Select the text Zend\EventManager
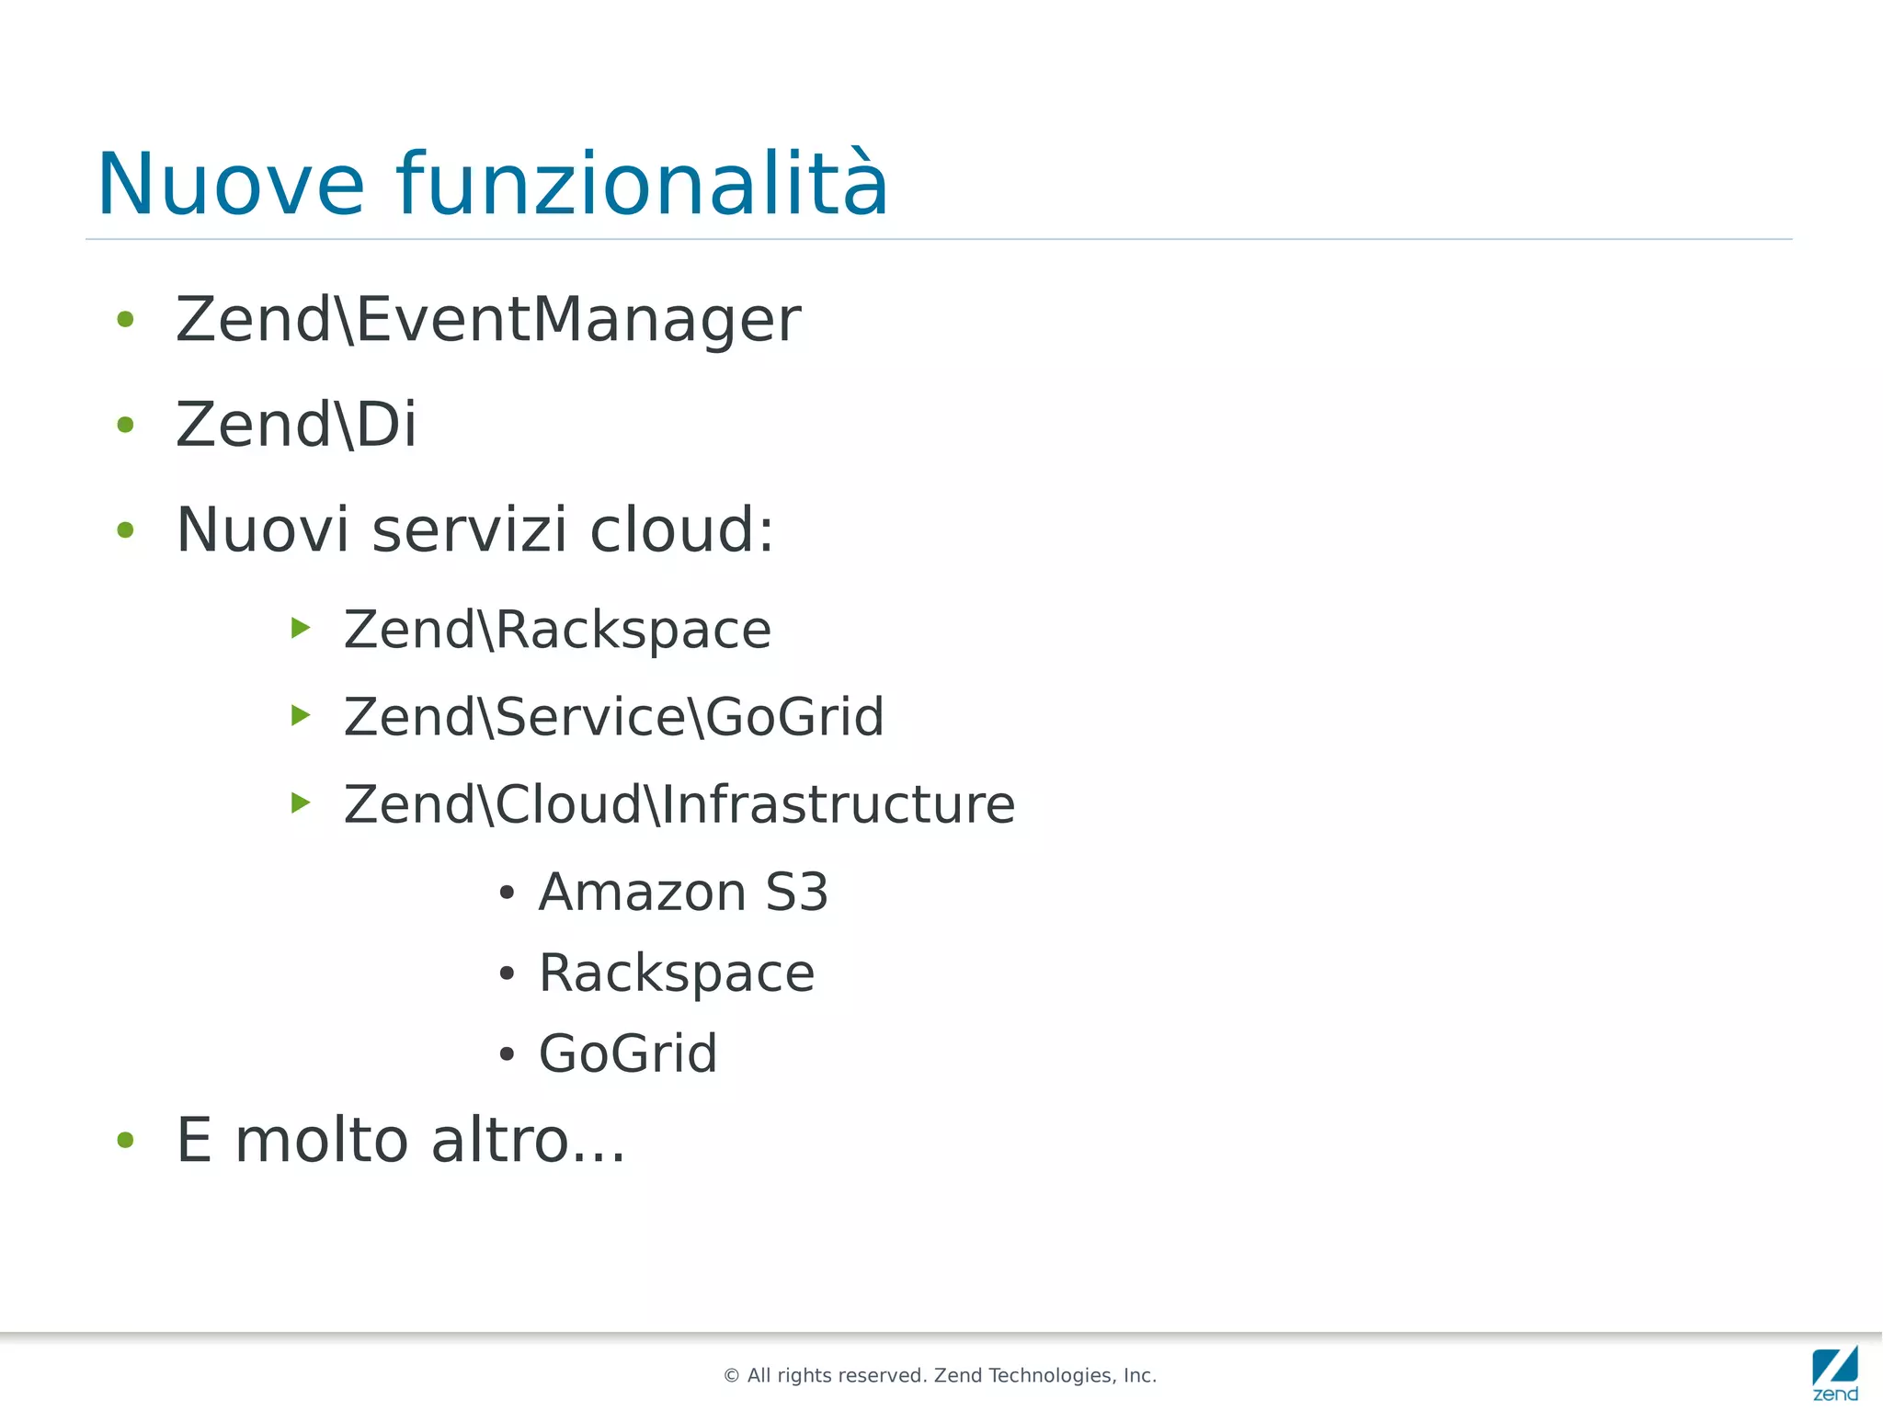click(x=488, y=320)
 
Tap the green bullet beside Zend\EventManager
click(x=126, y=320)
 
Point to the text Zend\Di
click(x=296, y=425)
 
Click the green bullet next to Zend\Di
click(x=126, y=425)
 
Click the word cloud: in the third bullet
click(x=681, y=530)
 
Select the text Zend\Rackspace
click(x=557, y=630)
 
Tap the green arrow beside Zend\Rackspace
click(x=301, y=628)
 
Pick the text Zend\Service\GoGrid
click(x=613, y=717)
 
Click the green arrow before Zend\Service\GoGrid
click(x=301, y=715)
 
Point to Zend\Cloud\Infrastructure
click(x=679, y=804)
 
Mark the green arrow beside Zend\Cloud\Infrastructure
click(x=301, y=802)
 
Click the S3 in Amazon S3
click(x=796, y=893)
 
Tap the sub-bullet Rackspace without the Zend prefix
click(x=677, y=973)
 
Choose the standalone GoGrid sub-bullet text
click(x=628, y=1053)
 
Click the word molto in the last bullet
click(x=322, y=1141)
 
